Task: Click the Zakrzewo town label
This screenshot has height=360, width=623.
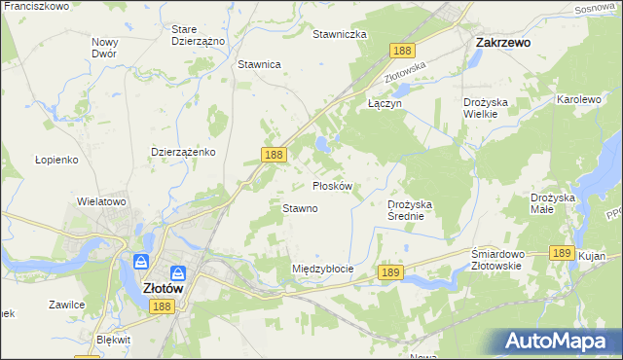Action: (501, 43)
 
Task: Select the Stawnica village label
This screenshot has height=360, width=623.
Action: (259, 64)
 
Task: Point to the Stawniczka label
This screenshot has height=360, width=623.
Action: (339, 34)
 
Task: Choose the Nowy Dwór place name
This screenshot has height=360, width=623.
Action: (104, 48)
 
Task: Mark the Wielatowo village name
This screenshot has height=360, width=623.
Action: (102, 201)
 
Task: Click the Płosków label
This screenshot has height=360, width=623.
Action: (338, 185)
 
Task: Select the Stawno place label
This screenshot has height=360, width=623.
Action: (300, 208)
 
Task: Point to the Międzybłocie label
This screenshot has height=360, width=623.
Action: (322, 268)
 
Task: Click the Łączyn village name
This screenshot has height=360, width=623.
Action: (385, 102)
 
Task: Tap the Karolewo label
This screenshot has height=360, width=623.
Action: (578, 99)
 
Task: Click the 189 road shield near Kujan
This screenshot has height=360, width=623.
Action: (560, 252)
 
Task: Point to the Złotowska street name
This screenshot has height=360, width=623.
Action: (406, 66)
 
